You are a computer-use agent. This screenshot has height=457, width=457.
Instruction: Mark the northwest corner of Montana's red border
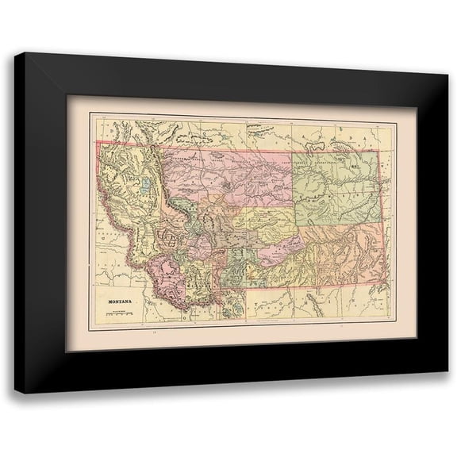coord(98,144)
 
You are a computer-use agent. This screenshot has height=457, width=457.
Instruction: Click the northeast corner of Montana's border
coord(379,152)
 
